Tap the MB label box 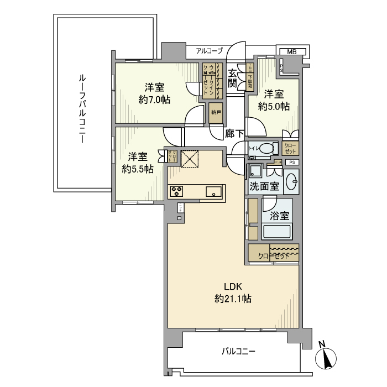tap(291, 52)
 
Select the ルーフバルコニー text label tap(81, 107)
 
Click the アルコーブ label tap(209, 51)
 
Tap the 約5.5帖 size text tap(138, 169)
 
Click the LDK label tap(233, 286)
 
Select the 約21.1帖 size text tap(233, 299)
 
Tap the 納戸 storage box tap(216, 112)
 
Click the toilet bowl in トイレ tap(268, 149)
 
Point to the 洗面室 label tap(264, 186)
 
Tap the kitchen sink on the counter tap(213, 192)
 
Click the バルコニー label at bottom tap(239, 351)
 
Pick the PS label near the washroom tap(292, 162)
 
